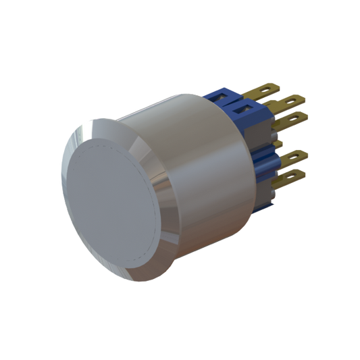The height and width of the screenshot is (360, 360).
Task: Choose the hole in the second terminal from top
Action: click(x=292, y=101)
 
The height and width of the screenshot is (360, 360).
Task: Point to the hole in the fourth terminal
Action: click(x=295, y=157)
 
